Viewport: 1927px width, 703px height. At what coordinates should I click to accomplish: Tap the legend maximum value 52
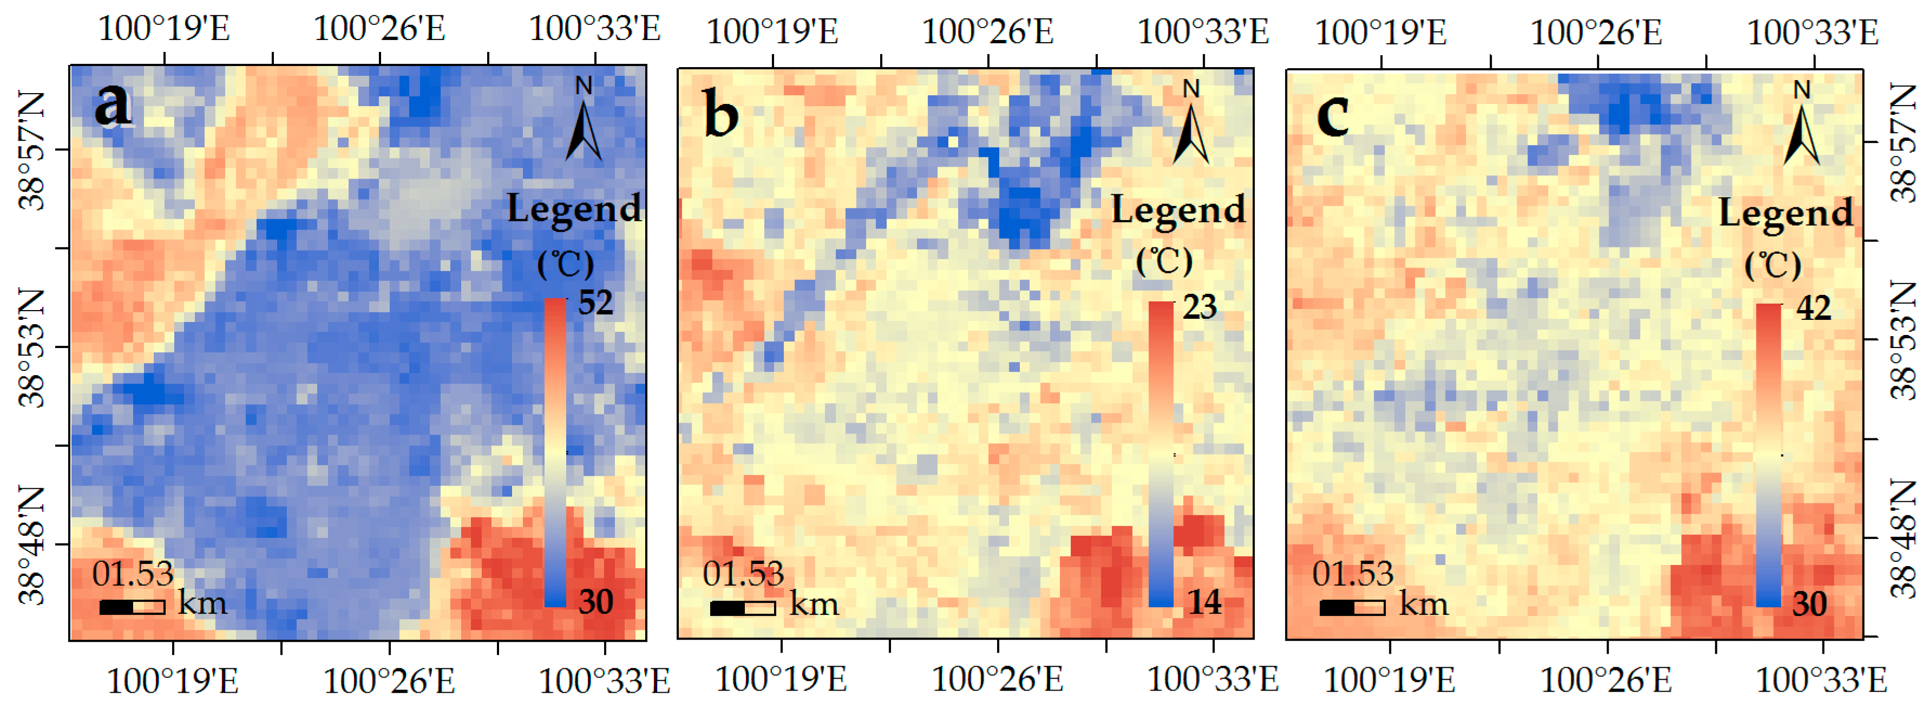click(x=595, y=303)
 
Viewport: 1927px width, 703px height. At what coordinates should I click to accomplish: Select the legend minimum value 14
click(x=1204, y=602)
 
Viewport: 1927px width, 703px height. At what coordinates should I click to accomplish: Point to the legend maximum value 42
click(x=1813, y=307)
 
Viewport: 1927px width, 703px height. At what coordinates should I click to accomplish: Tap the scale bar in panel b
click(x=742, y=608)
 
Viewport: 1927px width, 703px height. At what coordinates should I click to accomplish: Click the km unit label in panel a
click(x=202, y=602)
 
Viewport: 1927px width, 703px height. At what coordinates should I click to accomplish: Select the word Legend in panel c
click(x=1786, y=213)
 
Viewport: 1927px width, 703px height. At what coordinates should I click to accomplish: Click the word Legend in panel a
click(x=574, y=208)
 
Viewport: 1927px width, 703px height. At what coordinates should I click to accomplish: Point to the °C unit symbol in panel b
click(x=1164, y=261)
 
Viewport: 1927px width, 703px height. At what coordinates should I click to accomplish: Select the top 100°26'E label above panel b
click(x=987, y=31)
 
